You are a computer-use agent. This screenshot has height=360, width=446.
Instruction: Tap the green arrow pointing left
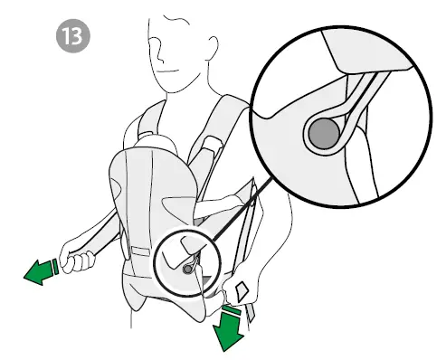(x=38, y=269)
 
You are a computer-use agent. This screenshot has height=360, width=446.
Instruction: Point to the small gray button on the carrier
(x=187, y=268)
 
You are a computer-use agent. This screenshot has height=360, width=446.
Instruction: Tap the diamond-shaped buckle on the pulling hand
(x=243, y=291)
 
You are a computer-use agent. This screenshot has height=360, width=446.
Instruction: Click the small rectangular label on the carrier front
(x=139, y=247)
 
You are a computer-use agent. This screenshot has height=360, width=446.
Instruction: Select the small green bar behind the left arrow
(x=55, y=265)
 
